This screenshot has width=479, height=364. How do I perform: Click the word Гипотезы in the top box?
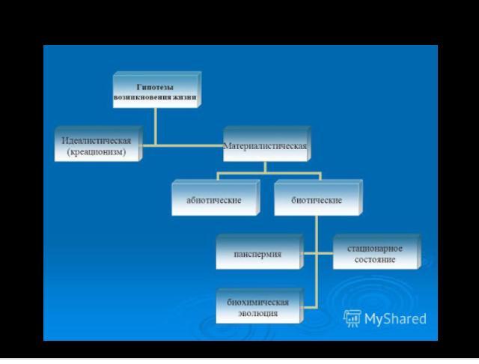coord(155,87)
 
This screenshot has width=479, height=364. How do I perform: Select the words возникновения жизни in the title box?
coord(155,97)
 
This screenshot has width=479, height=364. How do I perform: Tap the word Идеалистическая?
coord(97,141)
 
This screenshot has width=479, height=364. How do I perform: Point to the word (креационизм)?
coord(97,152)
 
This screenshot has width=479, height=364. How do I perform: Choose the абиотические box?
coord(216,198)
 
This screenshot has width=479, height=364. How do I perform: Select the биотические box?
coord(318,198)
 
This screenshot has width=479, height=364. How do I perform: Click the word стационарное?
coord(375,249)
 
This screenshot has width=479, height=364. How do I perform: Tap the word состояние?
coord(375,260)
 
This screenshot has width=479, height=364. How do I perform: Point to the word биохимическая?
coord(257,303)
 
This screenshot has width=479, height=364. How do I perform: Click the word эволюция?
coord(257,313)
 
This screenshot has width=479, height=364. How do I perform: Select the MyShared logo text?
coord(395,319)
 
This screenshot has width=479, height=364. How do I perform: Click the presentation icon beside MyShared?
coord(353,318)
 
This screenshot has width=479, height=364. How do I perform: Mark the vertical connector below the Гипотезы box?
coord(156,127)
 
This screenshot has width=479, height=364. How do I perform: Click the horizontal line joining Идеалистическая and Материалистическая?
coord(183,145)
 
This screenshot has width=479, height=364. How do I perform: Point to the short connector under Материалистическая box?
coord(265,167)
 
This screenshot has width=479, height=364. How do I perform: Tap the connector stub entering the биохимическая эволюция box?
coord(310,307)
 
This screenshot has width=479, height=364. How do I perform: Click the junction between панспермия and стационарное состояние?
coord(317,253)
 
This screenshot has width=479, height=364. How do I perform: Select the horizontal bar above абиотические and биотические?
coord(269,173)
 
